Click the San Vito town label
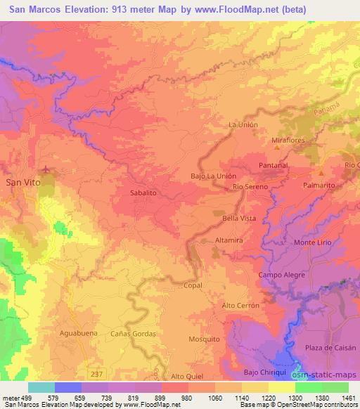click(x=22, y=181)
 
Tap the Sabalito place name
click(x=143, y=191)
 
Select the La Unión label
click(x=243, y=124)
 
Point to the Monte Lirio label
click(x=311, y=242)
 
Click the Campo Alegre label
click(x=282, y=275)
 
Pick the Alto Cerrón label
click(x=240, y=306)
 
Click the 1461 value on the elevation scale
click(x=349, y=397)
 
